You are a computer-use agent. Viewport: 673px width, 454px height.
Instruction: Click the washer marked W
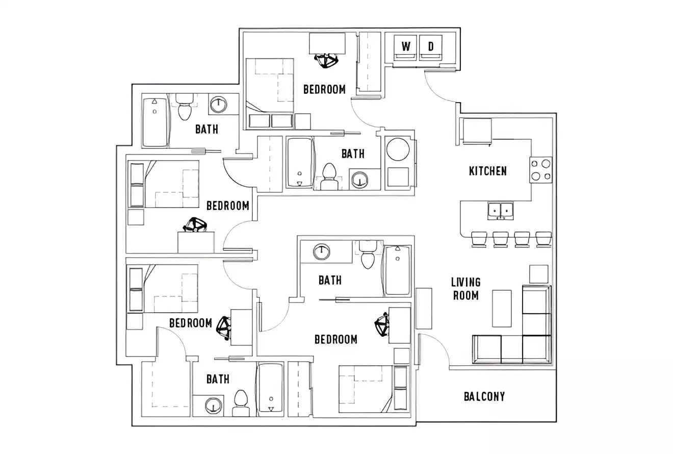(x=405, y=47)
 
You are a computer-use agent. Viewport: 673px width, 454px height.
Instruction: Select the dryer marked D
(x=431, y=47)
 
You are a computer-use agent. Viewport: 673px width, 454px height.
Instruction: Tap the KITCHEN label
(x=487, y=171)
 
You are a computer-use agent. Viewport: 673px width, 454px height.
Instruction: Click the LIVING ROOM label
(x=465, y=288)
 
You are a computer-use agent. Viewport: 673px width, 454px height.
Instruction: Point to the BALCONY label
(x=484, y=396)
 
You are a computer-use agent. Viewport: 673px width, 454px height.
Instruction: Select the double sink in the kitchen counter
(x=500, y=210)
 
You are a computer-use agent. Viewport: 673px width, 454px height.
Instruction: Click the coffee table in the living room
(x=501, y=308)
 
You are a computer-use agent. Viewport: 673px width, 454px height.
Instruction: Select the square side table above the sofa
(x=538, y=274)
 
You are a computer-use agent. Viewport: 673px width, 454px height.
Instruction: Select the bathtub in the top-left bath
(x=155, y=121)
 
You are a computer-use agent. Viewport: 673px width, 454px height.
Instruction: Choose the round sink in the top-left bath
(x=218, y=105)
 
